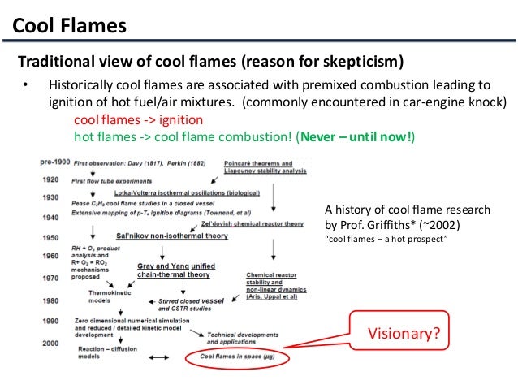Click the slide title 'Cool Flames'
click(x=70, y=26)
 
